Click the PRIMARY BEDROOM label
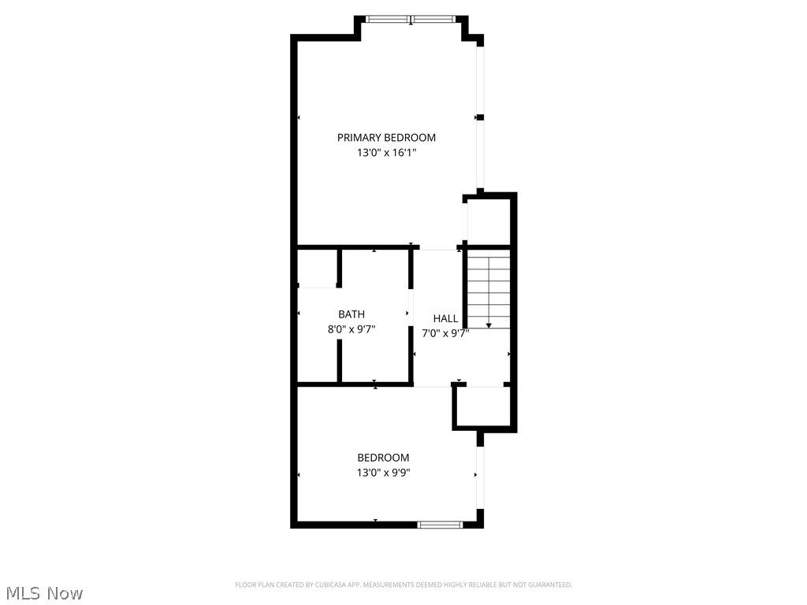point(386,137)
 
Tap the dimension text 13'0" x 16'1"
point(386,153)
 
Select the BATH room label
point(351,314)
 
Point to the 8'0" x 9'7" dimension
point(351,330)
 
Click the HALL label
point(445,318)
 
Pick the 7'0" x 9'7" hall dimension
point(445,333)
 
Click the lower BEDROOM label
point(383,458)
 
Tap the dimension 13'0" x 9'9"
point(383,473)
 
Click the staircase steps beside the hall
point(489,288)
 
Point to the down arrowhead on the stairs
point(489,325)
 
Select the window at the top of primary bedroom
point(411,19)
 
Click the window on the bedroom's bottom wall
point(441,524)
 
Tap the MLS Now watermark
point(44,592)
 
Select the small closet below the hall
point(482,407)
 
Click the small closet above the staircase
point(488,221)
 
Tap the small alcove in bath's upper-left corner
point(318,268)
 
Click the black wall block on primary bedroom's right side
point(480,117)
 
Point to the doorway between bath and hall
point(411,303)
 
